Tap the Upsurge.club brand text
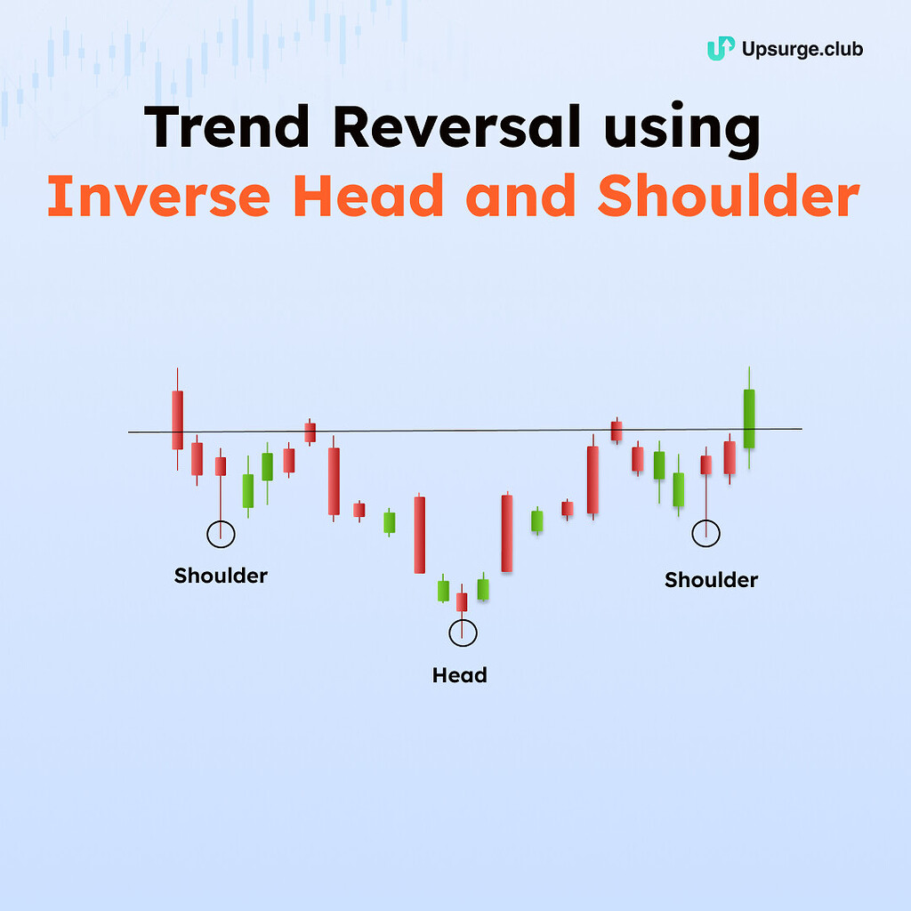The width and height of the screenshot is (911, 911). tap(802, 49)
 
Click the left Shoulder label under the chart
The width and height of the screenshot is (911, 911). tap(221, 576)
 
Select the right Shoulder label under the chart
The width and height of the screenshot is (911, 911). tap(711, 580)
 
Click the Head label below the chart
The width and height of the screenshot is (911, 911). tap(459, 675)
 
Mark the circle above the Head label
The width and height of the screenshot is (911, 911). tap(463, 633)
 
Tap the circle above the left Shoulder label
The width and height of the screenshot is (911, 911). tap(221, 534)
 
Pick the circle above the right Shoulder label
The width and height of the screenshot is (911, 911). tap(705, 533)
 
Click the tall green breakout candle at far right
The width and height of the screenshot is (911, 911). tap(749, 418)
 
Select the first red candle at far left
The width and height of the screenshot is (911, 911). tap(178, 419)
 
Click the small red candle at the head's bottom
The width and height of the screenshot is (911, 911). tap(462, 602)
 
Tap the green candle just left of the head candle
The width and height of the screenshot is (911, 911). tap(443, 590)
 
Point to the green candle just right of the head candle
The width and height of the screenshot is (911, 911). tap(483, 589)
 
